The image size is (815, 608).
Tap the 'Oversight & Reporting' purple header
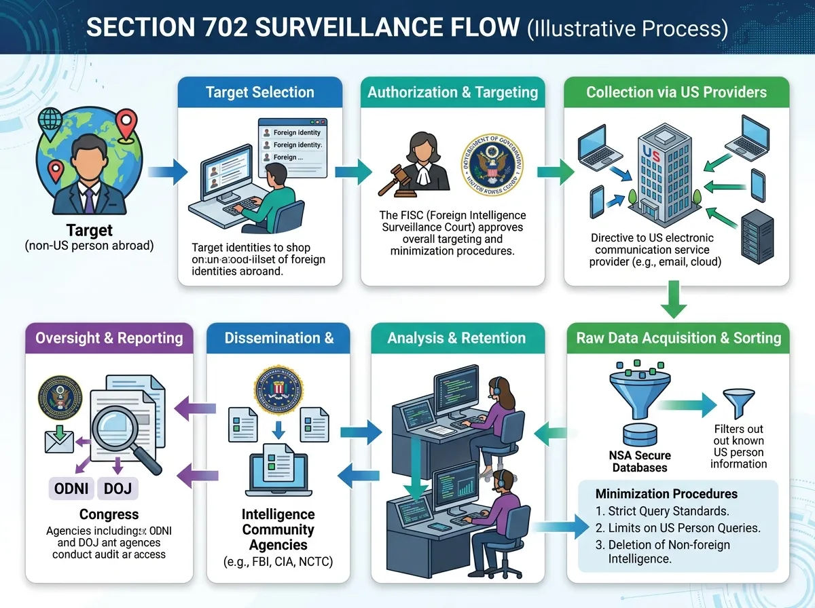109,338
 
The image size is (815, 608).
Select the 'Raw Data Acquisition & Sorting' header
678,338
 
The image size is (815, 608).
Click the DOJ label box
118,488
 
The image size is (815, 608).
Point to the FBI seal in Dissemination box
276,389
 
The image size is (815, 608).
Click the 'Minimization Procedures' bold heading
666,493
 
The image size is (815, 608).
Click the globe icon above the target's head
51,121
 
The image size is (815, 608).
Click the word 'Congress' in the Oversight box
109,514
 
